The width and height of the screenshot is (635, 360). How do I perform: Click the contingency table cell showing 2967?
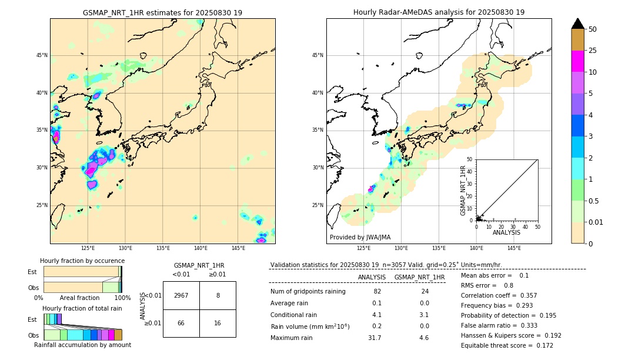(181, 295)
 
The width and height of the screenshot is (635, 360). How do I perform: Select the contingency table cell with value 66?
(181, 323)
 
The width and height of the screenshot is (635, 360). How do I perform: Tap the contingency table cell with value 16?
(218, 323)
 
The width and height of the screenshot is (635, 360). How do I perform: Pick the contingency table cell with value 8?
(218, 295)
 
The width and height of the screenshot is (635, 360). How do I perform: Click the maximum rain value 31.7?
(374, 338)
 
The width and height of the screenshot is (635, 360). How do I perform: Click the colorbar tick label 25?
(593, 51)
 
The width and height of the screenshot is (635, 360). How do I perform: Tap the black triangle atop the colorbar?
(578, 24)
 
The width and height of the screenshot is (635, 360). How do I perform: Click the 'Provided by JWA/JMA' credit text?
(360, 237)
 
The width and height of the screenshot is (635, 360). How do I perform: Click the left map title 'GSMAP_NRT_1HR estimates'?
(162, 12)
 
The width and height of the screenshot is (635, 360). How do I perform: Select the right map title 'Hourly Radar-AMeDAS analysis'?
(439, 12)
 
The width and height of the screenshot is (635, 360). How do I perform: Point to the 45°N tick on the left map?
(42, 55)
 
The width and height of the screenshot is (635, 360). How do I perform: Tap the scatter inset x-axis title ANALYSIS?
(506, 232)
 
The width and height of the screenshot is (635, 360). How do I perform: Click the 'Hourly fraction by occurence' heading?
(82, 261)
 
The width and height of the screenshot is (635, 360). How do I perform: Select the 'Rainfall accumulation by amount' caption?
(82, 345)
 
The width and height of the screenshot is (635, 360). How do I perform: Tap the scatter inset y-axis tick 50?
(470, 159)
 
